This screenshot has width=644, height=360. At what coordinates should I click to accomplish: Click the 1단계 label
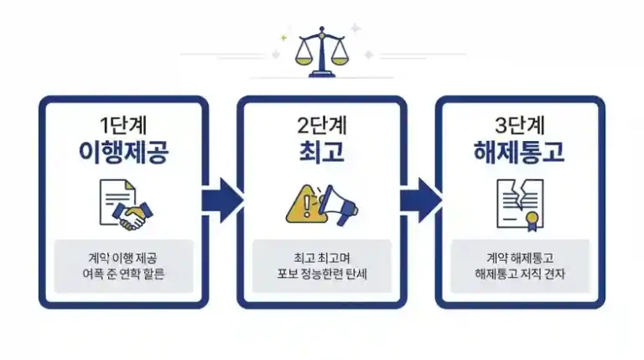[123, 125]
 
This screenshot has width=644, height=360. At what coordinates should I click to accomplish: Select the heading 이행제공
[123, 152]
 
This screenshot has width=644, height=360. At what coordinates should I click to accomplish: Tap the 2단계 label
[322, 125]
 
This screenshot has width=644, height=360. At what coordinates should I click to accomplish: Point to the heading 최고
[322, 152]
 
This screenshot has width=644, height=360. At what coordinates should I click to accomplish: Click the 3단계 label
[520, 125]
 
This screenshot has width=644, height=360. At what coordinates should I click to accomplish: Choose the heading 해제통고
[520, 152]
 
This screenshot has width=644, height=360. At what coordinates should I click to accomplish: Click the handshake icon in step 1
[132, 216]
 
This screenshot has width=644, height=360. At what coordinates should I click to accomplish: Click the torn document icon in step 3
[520, 205]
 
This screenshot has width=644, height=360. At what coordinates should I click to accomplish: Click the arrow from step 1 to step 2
[222, 201]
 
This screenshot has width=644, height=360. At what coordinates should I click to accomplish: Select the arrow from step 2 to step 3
[421, 201]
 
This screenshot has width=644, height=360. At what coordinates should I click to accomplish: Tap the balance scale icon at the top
[322, 52]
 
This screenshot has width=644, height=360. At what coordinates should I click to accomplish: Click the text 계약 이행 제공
[122, 258]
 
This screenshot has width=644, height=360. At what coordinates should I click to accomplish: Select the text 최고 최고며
[322, 258]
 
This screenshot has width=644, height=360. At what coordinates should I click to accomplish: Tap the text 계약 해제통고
[520, 258]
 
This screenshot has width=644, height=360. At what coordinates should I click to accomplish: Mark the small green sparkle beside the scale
[283, 39]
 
